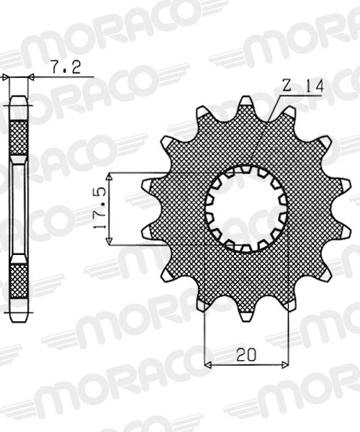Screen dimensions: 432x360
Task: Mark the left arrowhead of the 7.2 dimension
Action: pos(6,76)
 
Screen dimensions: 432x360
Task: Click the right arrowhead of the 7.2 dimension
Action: pos(31,76)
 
